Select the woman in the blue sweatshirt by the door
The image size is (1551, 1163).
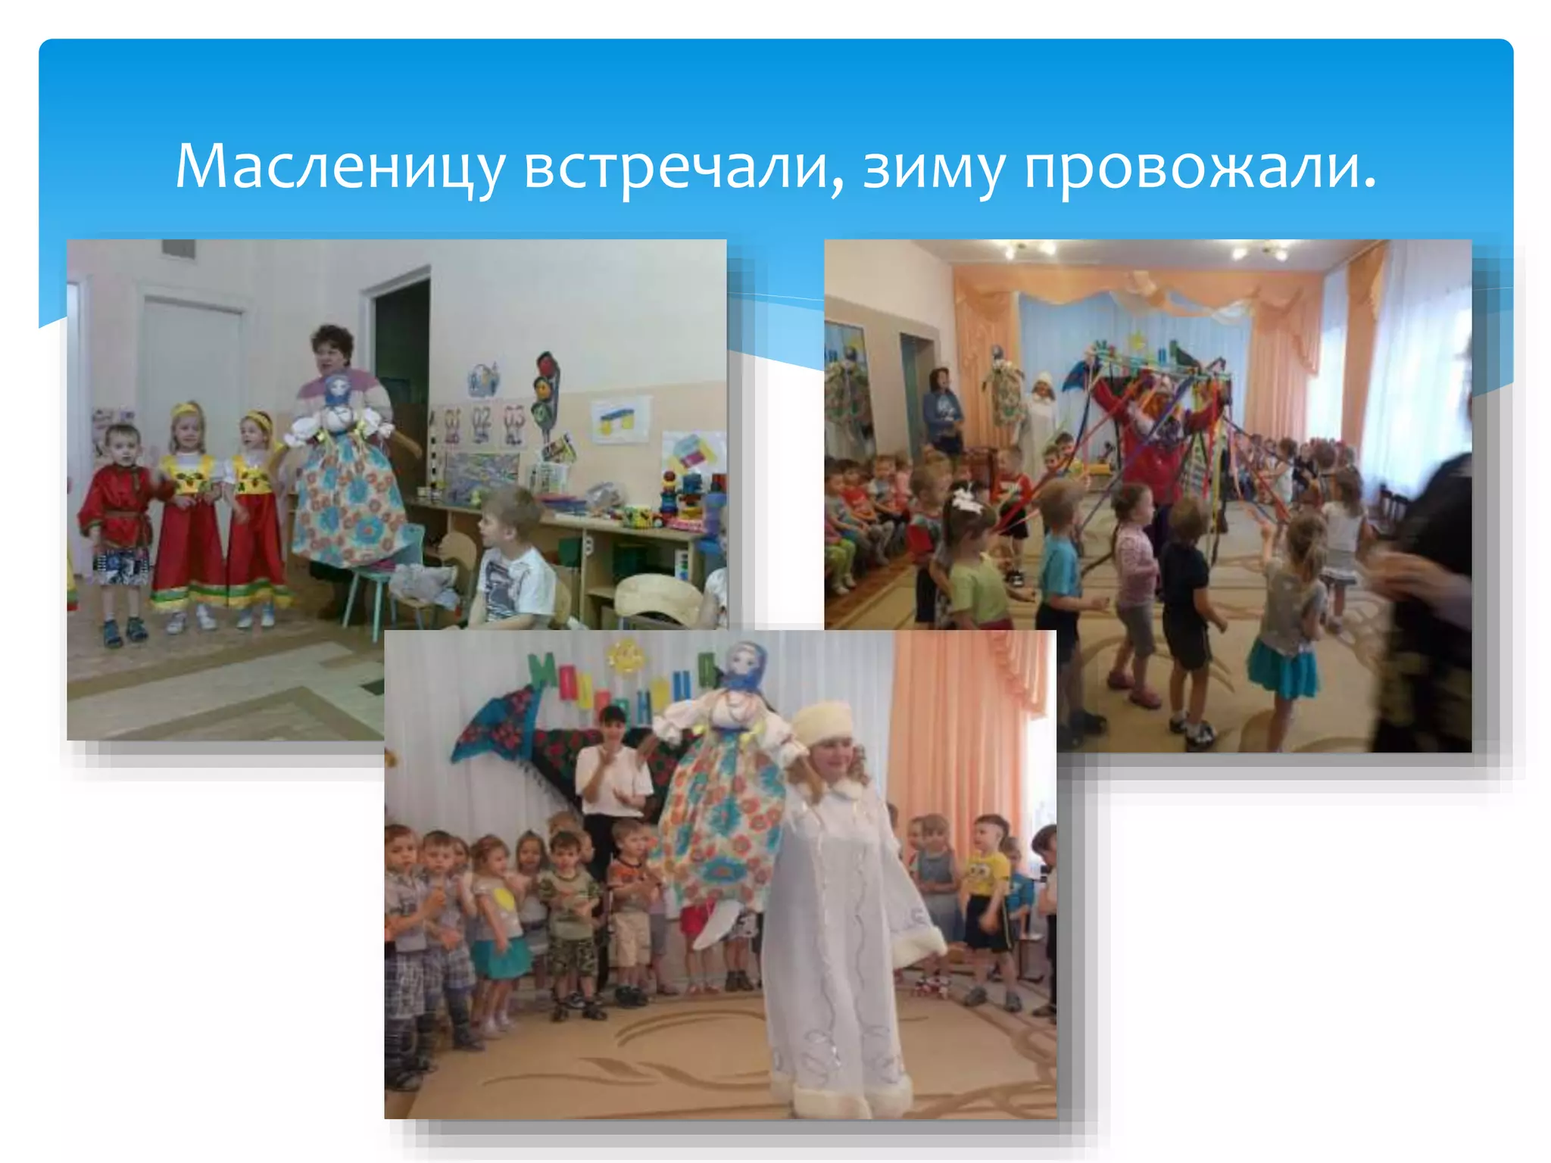(x=941, y=409)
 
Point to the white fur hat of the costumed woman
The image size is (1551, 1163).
(x=822, y=719)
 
